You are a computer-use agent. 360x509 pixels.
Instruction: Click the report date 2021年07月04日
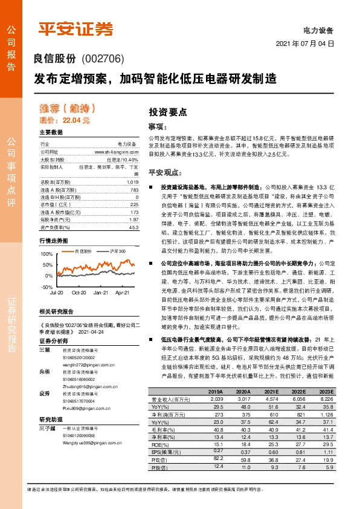(304, 45)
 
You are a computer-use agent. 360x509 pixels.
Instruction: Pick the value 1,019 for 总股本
(132, 182)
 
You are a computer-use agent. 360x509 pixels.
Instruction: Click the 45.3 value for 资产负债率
(133, 227)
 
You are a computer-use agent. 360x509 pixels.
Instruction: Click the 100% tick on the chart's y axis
(46, 255)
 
